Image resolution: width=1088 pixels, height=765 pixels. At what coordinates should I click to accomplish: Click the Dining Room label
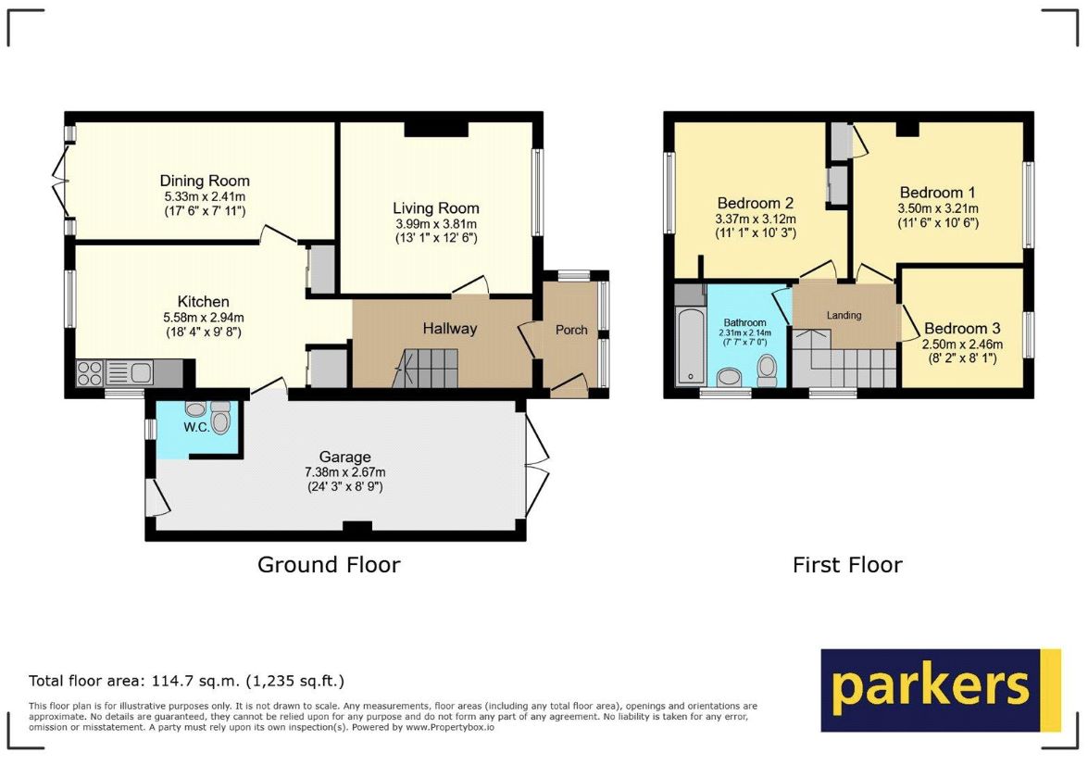pyautogui.click(x=205, y=182)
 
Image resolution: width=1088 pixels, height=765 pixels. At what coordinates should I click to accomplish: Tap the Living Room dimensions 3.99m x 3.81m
pyautogui.click(x=436, y=223)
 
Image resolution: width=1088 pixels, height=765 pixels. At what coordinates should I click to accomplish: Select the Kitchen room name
pyautogui.click(x=204, y=301)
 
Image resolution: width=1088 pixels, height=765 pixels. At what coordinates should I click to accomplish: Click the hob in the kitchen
pyautogui.click(x=90, y=373)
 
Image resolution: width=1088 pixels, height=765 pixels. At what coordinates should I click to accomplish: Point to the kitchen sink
pyautogui.click(x=140, y=373)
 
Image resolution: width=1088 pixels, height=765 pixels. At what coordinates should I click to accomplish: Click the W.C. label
pyautogui.click(x=196, y=427)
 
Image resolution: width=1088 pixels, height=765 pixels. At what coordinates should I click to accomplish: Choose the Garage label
pyautogui.click(x=344, y=457)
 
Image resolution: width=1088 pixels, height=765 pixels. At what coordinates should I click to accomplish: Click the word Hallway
pyautogui.click(x=450, y=329)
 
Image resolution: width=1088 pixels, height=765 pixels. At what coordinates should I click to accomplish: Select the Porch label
pyautogui.click(x=571, y=330)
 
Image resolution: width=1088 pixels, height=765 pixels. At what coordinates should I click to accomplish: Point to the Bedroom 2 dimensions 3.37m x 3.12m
pyautogui.click(x=756, y=219)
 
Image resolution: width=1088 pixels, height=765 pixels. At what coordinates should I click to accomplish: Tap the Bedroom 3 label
pyautogui.click(x=962, y=329)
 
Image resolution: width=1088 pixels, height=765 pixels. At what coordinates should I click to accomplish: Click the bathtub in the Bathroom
pyautogui.click(x=690, y=345)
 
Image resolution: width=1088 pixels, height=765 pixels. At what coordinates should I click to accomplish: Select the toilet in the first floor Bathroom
pyautogui.click(x=768, y=370)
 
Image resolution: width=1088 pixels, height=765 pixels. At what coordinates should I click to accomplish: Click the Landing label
pyautogui.click(x=844, y=315)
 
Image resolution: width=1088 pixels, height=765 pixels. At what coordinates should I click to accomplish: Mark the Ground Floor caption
pyautogui.click(x=329, y=564)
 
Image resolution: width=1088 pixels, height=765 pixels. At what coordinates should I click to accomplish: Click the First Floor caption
pyautogui.click(x=847, y=564)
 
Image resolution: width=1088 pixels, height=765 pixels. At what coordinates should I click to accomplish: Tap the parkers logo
pyautogui.click(x=941, y=690)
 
